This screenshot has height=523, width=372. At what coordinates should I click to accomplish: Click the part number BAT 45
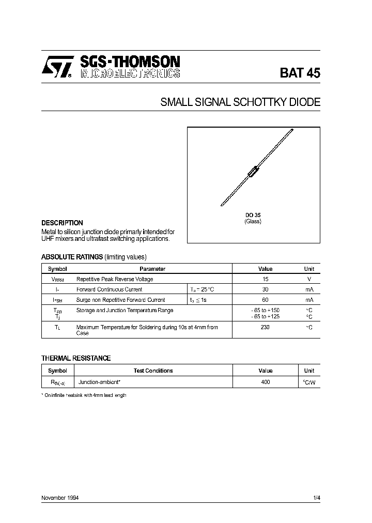(x=300, y=73)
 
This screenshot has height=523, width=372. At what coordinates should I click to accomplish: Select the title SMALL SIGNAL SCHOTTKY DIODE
(x=240, y=102)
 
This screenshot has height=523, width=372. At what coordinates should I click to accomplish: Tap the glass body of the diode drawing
(x=254, y=170)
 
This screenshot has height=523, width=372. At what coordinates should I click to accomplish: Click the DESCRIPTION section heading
(x=62, y=223)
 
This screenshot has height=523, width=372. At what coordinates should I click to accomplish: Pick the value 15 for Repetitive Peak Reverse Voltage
(x=265, y=279)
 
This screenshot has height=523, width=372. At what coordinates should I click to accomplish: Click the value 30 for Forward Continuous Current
(x=265, y=289)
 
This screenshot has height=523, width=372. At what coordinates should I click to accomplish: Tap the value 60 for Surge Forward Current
(x=265, y=300)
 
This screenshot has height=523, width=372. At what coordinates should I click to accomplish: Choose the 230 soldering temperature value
(x=265, y=327)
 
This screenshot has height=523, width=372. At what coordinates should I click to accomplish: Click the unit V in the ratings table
(x=309, y=279)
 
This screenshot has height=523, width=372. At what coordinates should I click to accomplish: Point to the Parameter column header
(x=152, y=269)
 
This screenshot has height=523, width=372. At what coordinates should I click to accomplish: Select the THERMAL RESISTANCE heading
(x=76, y=358)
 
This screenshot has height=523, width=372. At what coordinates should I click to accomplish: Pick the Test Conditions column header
(x=153, y=371)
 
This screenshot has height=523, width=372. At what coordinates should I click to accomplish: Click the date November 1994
(x=60, y=498)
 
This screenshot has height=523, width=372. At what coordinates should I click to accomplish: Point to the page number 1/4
(x=316, y=498)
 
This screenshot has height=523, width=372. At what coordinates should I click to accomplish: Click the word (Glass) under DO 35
(x=253, y=222)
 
